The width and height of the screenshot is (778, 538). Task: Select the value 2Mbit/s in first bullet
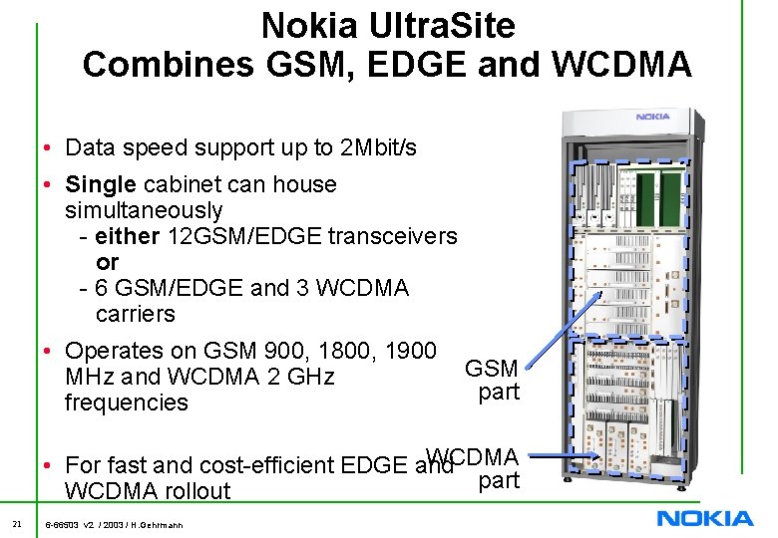(379, 148)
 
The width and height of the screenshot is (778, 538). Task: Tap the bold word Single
(101, 184)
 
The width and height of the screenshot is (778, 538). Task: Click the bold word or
(107, 262)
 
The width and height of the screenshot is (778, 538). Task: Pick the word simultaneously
(144, 210)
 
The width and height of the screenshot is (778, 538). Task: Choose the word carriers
(135, 314)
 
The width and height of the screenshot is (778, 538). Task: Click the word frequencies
(126, 403)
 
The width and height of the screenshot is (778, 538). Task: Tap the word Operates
(112, 351)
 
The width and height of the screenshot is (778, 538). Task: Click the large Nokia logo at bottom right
(704, 517)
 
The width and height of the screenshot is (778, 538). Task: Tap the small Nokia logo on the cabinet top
(653, 117)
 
